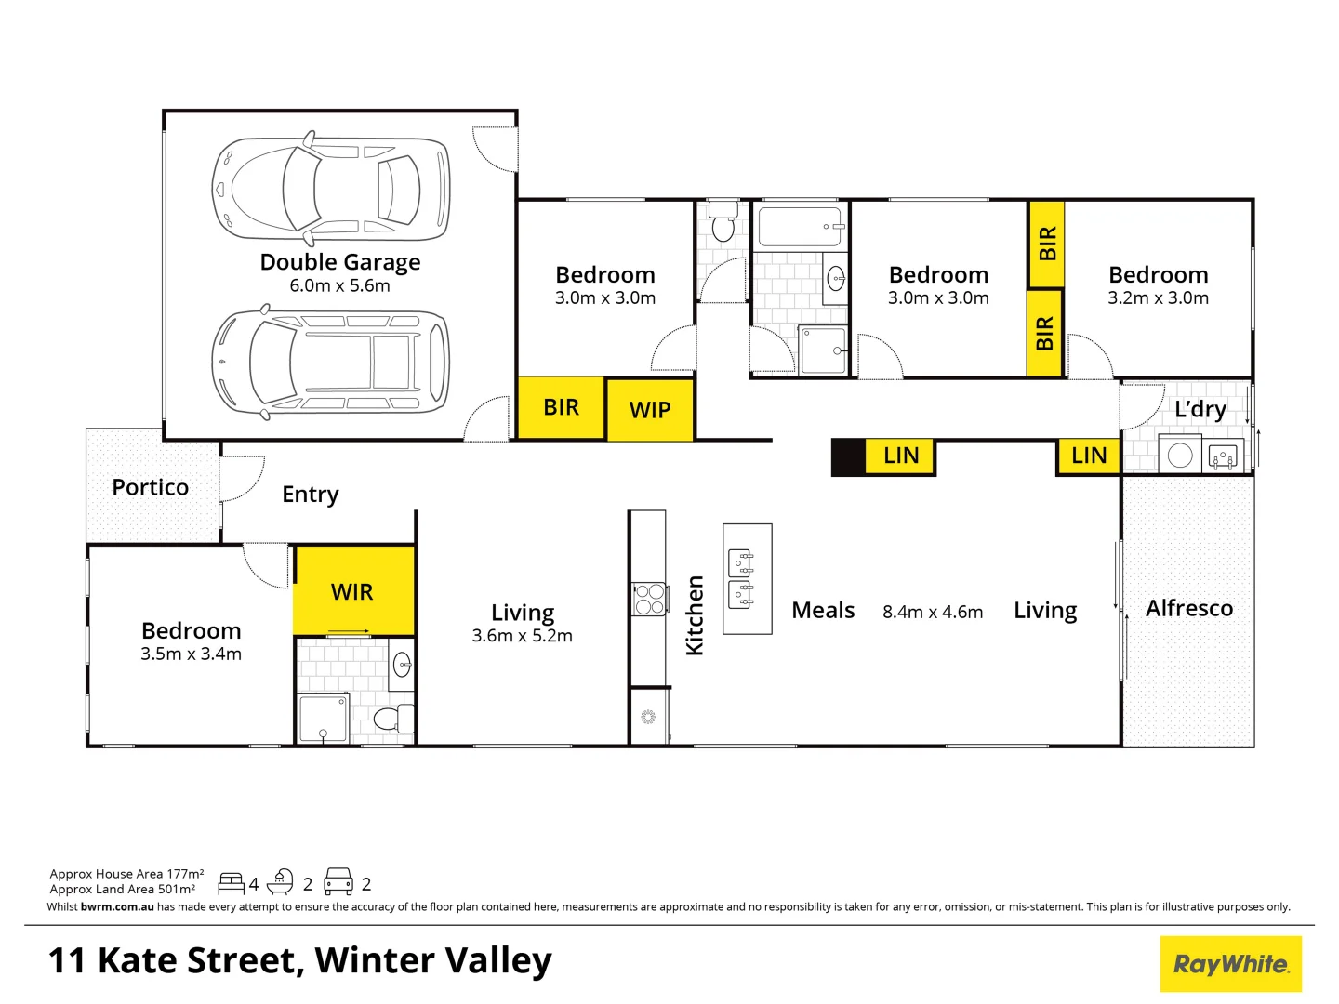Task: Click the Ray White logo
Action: (x=1230, y=964)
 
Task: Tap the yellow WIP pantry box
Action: (x=649, y=410)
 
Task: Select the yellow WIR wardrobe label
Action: (x=352, y=592)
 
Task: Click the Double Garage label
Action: (x=339, y=262)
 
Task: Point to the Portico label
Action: (x=150, y=487)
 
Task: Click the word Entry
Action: (x=310, y=495)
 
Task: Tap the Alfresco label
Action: (x=1188, y=608)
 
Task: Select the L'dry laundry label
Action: (x=1200, y=409)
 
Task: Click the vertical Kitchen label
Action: (x=695, y=615)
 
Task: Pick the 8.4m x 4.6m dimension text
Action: (x=932, y=612)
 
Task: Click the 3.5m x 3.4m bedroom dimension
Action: (x=191, y=654)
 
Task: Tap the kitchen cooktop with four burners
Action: (x=649, y=599)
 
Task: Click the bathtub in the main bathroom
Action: (x=800, y=227)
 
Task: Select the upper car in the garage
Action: (x=331, y=188)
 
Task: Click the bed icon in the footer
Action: (x=231, y=883)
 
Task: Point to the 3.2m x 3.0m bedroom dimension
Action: (x=1158, y=298)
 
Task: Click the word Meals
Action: (x=823, y=611)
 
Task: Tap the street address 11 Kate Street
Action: (x=299, y=960)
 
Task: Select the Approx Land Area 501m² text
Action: (x=123, y=889)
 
